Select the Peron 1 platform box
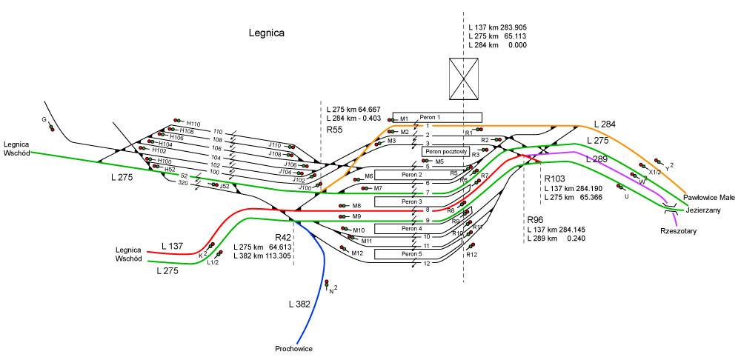coord(437,117)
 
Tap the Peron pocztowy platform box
coord(445,151)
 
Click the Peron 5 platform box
coord(411,254)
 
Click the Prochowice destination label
coord(293,348)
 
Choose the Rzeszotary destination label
coord(678,230)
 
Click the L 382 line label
coord(300,304)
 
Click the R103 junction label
coord(556,179)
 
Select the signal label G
coord(44,119)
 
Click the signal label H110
coord(193,124)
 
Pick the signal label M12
coord(358,253)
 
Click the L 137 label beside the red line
coord(174,245)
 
